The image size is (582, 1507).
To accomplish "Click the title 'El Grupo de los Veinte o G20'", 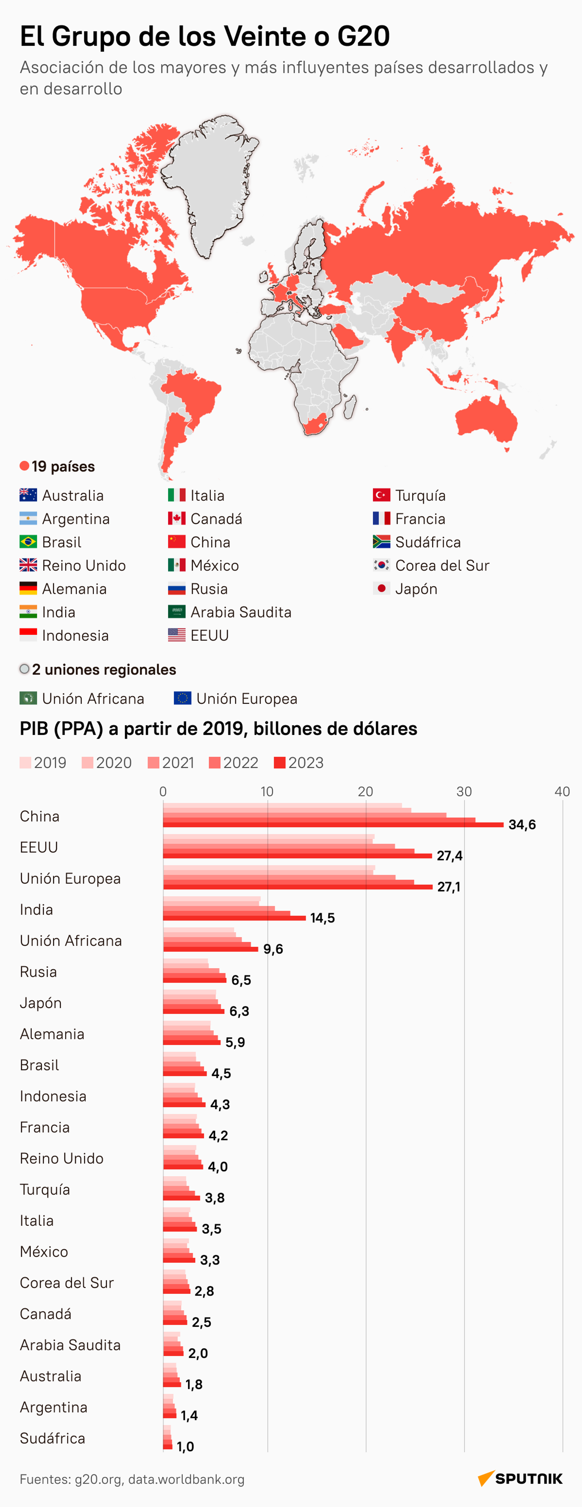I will [x=205, y=36].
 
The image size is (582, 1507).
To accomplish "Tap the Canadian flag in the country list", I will [x=176, y=518].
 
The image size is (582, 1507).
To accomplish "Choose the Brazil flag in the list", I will [x=28, y=542].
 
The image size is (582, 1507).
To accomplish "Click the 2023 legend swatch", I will [x=280, y=762].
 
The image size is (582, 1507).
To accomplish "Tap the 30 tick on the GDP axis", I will [x=464, y=792].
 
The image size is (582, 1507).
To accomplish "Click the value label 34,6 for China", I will [x=522, y=824].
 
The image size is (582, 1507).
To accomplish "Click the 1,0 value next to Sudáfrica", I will [x=185, y=1446].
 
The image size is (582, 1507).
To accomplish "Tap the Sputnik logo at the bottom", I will [x=520, y=1478].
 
